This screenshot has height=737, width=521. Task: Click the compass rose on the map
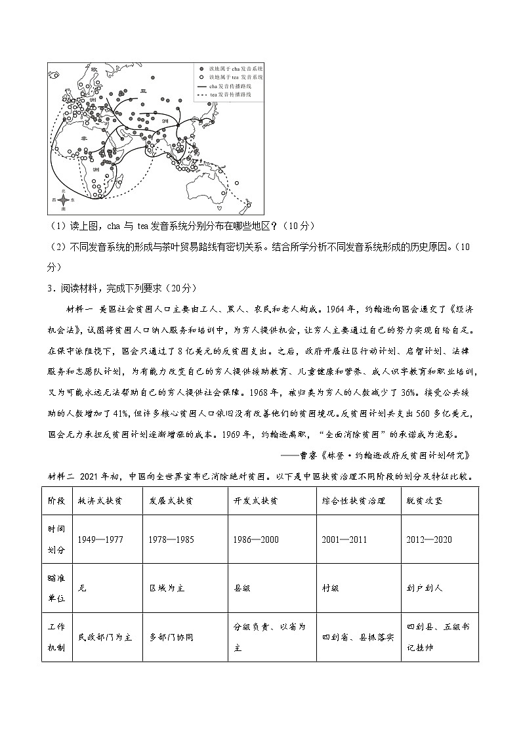(x=63, y=200)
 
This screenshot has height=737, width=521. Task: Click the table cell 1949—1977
(x=100, y=539)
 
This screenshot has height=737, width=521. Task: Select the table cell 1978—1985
(x=171, y=539)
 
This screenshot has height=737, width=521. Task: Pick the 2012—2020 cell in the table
(x=429, y=539)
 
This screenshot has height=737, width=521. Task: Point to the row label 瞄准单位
(x=56, y=587)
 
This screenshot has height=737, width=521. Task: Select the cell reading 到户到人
(x=425, y=588)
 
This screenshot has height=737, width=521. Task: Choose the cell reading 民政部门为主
(x=105, y=637)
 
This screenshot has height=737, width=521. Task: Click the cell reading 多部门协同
(x=171, y=637)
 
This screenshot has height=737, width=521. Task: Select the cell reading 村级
(x=331, y=588)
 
